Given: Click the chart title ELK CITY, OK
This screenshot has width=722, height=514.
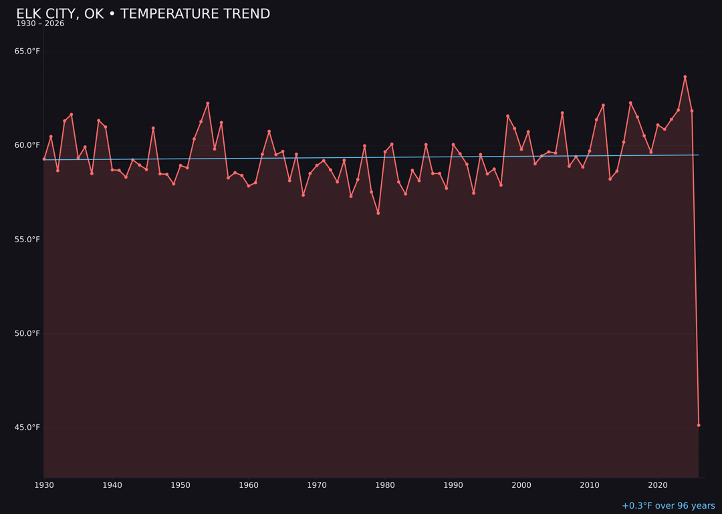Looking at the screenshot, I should [x=143, y=14].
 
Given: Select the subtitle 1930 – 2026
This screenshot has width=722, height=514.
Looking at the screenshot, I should [x=40, y=24].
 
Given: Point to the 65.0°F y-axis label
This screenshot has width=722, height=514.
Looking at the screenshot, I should [x=27, y=52].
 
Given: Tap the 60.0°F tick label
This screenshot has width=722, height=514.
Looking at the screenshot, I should [x=27, y=145].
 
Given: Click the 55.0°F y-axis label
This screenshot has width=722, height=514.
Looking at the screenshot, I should [x=27, y=240].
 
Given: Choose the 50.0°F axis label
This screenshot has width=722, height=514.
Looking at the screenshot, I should [x=27, y=333].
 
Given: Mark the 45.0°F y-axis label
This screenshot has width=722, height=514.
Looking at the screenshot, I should [x=27, y=428].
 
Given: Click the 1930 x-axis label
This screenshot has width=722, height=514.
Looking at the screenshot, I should [x=44, y=485].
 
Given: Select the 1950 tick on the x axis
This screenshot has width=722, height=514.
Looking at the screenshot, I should [x=180, y=485].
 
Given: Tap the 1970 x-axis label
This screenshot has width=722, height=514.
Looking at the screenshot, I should [x=317, y=485].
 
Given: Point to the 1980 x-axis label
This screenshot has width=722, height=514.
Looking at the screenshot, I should [x=385, y=485].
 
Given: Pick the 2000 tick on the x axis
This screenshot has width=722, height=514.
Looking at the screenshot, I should [x=521, y=485].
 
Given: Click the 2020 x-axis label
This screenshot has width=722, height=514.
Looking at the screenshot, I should [x=658, y=485].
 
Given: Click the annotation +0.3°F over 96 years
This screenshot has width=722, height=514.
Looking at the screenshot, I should [x=668, y=506].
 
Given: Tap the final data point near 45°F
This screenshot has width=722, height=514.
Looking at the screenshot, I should [x=699, y=425].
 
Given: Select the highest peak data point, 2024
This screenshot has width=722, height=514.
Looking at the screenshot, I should [x=685, y=77].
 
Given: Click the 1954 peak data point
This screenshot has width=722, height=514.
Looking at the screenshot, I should [x=208, y=104].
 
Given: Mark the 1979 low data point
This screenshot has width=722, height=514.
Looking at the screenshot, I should [x=378, y=213].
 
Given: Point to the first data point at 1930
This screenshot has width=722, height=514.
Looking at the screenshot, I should [x=44, y=159].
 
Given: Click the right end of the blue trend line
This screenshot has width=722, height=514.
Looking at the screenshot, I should [x=699, y=155].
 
